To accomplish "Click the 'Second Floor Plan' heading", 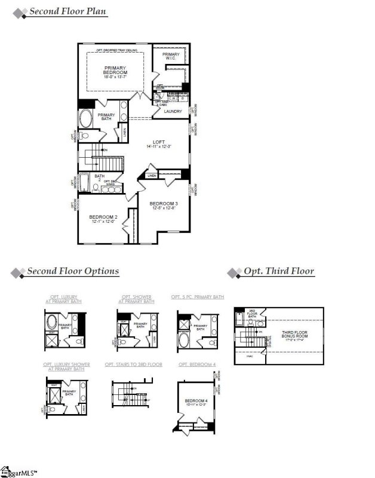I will (x=68, y=12).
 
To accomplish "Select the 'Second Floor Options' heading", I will (x=73, y=271).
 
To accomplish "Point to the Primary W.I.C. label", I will (x=170, y=57).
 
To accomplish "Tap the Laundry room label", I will (x=173, y=111).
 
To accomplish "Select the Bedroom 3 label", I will (x=164, y=206).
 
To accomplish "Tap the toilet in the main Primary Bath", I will (x=84, y=136).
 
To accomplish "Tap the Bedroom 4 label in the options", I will (x=195, y=401).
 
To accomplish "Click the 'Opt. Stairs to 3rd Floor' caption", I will (x=133, y=364).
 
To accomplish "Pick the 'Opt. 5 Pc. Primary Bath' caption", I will (x=197, y=296).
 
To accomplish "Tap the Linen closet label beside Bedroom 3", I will (x=151, y=176).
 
